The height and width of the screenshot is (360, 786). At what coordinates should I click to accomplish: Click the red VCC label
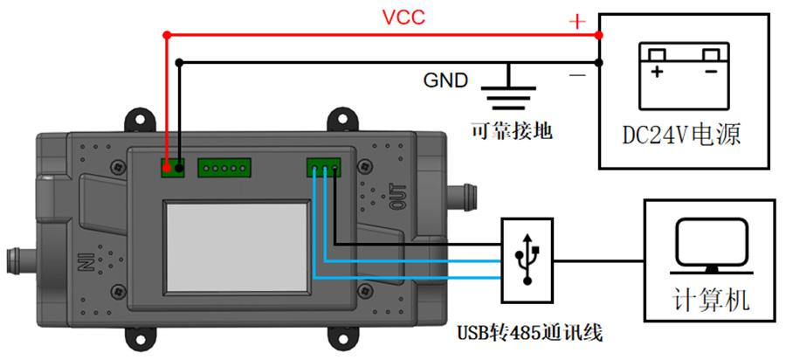click(x=403, y=17)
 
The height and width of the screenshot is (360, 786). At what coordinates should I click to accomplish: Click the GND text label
click(x=445, y=80)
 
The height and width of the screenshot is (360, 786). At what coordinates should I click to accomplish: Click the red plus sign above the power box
click(x=576, y=21)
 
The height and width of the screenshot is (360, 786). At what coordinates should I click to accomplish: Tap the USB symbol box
click(x=527, y=260)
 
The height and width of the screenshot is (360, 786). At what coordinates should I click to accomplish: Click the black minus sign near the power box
click(x=577, y=77)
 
